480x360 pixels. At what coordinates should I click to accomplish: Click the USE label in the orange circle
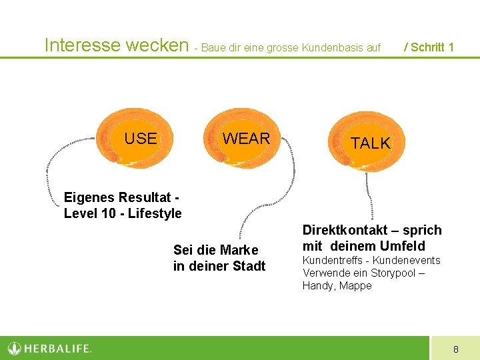[x=141, y=139]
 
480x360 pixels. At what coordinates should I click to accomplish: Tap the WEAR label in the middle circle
[x=246, y=139]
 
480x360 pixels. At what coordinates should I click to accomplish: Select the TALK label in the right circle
[x=370, y=143]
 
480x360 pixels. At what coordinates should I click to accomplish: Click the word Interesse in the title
[x=82, y=45]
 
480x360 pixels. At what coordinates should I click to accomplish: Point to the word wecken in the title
[x=157, y=45]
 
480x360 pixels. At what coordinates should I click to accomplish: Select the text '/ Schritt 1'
[x=429, y=47]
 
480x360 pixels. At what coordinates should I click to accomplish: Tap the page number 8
[x=455, y=349]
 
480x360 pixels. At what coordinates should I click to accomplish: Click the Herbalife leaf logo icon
[x=15, y=348]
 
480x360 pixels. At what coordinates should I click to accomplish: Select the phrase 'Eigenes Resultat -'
[x=121, y=197]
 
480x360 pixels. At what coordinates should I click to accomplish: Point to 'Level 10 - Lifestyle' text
[x=123, y=213]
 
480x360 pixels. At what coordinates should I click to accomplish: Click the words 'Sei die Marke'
[x=215, y=250]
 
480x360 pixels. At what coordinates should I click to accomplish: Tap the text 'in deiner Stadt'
[x=219, y=266]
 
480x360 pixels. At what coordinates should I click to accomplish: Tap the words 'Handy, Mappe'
[x=337, y=285]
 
